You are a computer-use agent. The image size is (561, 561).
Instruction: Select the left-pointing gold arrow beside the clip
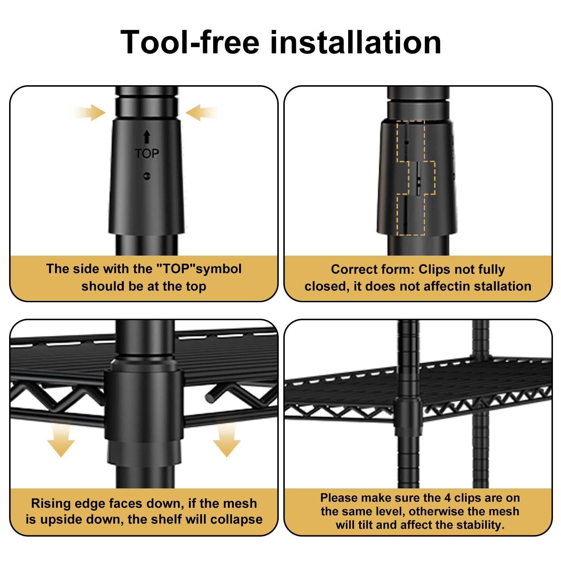(205, 113)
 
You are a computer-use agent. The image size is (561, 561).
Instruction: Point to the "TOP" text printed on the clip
(147, 154)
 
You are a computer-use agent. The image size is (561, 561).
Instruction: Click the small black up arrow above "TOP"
(147, 137)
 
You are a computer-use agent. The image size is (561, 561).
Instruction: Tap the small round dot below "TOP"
(147, 176)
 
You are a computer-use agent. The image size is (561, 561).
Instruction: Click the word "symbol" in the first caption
(219, 269)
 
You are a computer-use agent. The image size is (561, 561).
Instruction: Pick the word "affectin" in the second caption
(447, 286)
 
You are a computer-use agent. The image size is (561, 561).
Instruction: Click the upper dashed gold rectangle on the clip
(411, 141)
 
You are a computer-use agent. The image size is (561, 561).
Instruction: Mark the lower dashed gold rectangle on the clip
(411, 215)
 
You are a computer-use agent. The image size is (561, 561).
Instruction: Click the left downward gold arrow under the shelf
(61, 439)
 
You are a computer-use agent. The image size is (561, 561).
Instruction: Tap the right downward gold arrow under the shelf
(227, 439)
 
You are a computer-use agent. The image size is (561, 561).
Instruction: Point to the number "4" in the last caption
(447, 498)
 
